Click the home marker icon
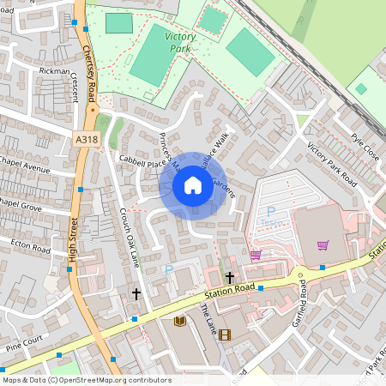[193, 185]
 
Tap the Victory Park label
[181, 42]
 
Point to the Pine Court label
[23, 349]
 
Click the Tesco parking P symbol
[271, 211]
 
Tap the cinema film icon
[225, 335]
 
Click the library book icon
[180, 322]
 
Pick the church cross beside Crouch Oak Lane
[136, 293]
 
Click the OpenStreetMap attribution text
[87, 379]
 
